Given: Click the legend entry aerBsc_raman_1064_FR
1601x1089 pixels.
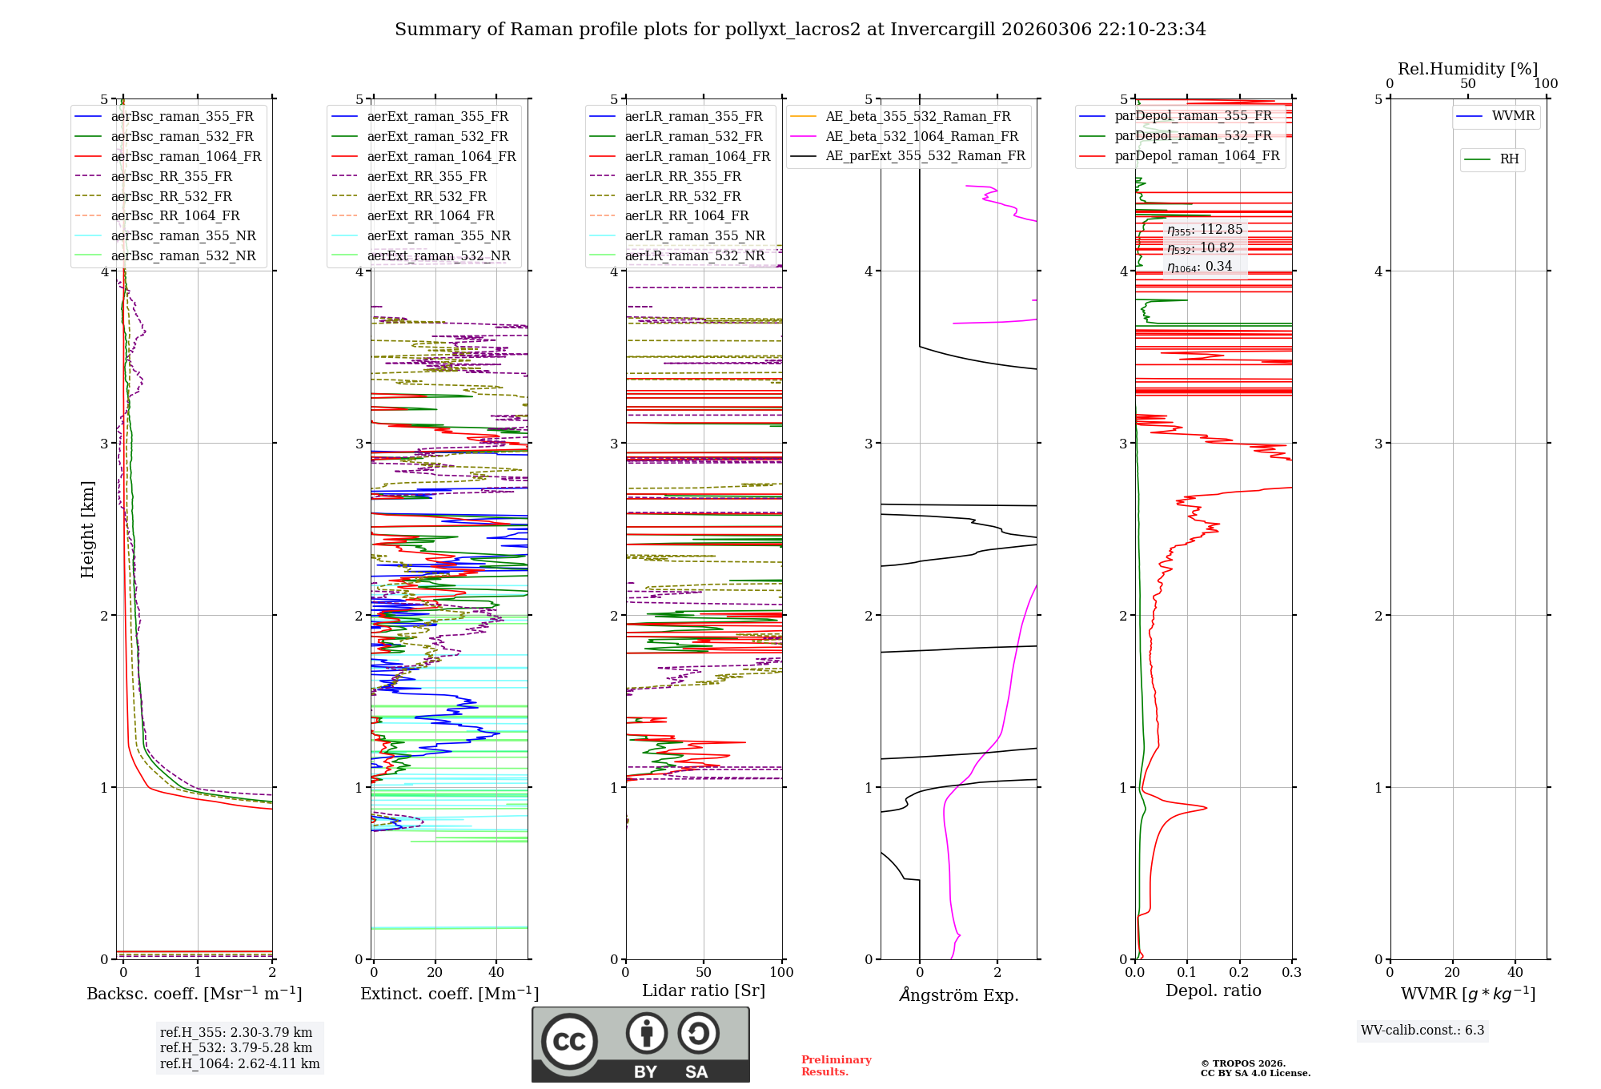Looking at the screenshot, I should (186, 157).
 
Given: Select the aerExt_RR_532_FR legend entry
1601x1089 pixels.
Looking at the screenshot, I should (427, 197).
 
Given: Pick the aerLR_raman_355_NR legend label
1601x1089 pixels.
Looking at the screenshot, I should (695, 236).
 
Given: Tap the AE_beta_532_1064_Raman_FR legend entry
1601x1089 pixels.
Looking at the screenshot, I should (921, 137).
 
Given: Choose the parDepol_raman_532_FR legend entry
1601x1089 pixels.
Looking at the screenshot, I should (1193, 136).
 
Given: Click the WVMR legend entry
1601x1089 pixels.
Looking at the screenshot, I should (1513, 116).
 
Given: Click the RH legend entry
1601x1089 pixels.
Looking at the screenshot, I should (1509, 159).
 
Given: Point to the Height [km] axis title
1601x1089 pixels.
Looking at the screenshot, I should (87, 529).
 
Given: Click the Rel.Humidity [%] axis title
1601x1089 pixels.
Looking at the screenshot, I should (1467, 69).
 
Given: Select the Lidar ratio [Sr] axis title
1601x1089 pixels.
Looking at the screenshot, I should (704, 991).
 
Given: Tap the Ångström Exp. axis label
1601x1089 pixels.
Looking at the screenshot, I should (959, 995).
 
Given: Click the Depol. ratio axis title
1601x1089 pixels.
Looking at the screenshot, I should (1213, 991).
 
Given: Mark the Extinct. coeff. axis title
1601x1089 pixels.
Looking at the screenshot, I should (449, 994).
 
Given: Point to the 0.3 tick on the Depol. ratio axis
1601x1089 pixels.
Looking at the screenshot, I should (1291, 973).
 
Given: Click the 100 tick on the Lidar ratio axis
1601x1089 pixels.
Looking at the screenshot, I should (781, 973).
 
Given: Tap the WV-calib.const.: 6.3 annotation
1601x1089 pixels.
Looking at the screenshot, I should (1422, 1031).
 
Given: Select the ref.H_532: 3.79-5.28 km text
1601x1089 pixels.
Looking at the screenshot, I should (236, 1048).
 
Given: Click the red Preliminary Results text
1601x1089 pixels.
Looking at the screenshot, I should (836, 1066).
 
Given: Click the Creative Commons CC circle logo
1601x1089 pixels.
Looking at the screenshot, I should (569, 1042).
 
